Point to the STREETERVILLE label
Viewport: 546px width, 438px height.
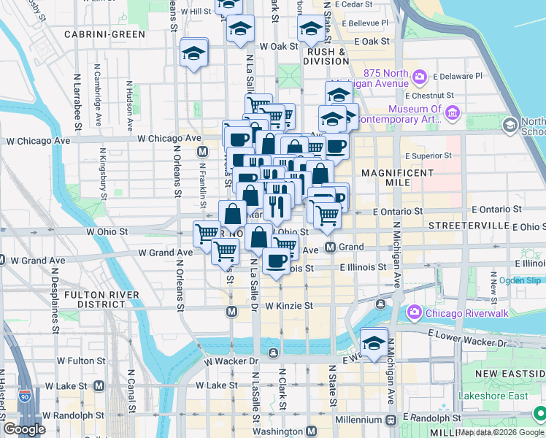468,226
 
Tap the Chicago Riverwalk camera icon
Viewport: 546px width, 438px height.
415,313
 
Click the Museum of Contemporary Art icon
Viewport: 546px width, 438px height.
452,112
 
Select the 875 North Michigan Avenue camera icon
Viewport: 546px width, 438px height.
420,76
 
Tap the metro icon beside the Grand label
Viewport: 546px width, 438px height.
330,247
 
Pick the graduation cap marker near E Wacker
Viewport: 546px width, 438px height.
374,342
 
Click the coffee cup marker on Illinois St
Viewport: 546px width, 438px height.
275,261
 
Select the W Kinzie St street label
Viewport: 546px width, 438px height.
289,306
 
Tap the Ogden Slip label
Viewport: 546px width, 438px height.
520,280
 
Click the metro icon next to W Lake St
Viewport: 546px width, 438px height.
98,385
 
